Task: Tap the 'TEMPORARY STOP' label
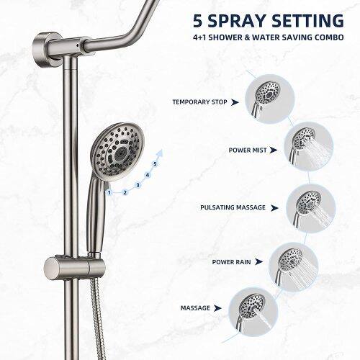(x=199, y=102)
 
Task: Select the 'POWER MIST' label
(x=248, y=150)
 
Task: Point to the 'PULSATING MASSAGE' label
(x=228, y=207)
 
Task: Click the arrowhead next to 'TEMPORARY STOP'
(x=234, y=102)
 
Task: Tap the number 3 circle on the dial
(x=137, y=185)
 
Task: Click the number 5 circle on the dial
(x=156, y=163)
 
